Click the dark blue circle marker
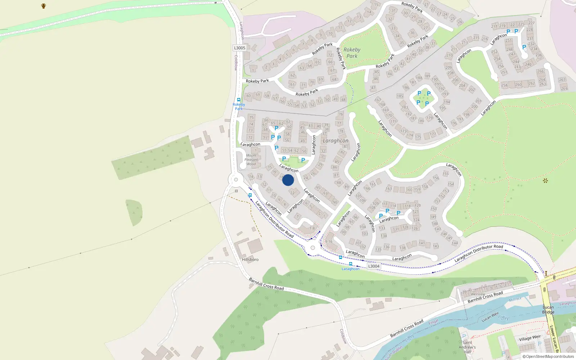point(288,180)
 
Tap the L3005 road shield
point(239,48)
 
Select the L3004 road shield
point(374,266)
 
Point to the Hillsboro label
point(250,260)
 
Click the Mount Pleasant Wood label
point(251,160)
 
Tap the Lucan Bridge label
point(548,310)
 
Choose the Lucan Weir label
point(490,317)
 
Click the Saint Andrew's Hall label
point(467,347)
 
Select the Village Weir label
point(530,338)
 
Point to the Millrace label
point(515,300)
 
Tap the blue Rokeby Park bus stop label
point(239,107)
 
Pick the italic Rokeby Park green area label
point(352,53)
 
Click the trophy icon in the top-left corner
point(44,6)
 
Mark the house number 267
point(562,80)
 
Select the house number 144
point(455,243)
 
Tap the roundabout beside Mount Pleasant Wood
point(236,180)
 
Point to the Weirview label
point(478,294)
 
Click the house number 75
point(251,117)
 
